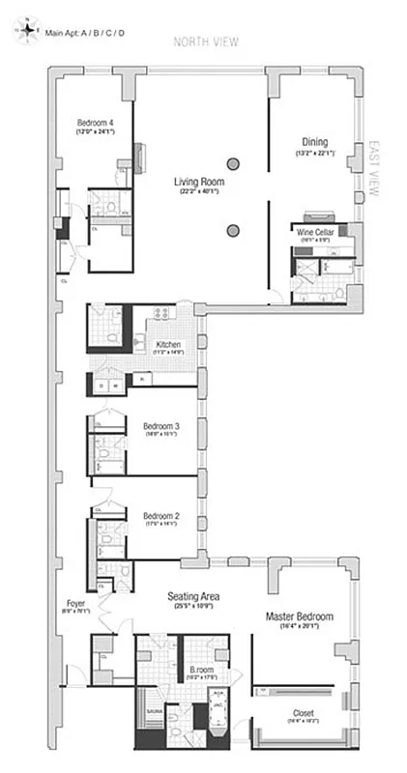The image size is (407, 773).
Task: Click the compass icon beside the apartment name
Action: [27, 33]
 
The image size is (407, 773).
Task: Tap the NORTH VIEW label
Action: [204, 42]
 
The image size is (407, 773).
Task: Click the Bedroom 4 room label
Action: [95, 123]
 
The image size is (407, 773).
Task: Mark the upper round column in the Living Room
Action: [233, 163]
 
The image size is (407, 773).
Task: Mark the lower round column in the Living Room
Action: [233, 230]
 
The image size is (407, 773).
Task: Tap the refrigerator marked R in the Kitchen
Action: [139, 379]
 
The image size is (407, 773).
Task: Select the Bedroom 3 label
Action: [161, 426]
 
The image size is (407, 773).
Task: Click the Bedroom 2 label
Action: [161, 515]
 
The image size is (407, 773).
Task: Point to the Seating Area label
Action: [193, 596]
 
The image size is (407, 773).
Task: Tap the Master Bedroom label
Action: [300, 616]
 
